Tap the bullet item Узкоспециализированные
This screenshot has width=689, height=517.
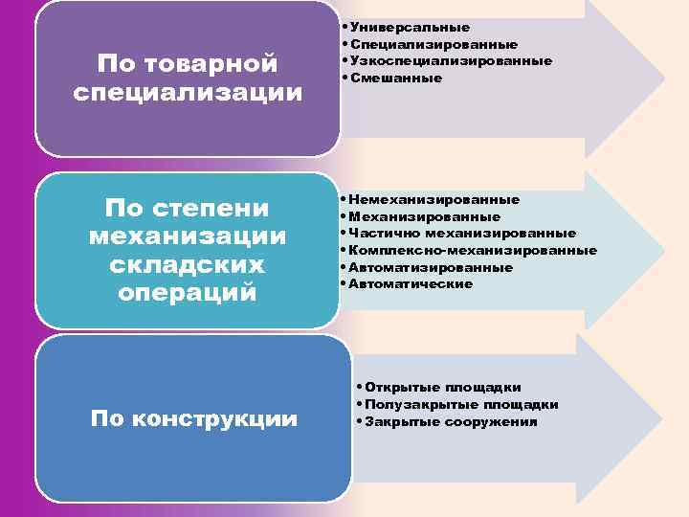[x=451, y=60]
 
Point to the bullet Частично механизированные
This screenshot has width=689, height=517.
[x=462, y=233]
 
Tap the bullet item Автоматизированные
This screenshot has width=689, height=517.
[x=431, y=267]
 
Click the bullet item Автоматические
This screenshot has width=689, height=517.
[x=411, y=283]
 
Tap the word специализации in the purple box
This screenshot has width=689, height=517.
[x=188, y=93]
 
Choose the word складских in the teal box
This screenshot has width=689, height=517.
[x=188, y=263]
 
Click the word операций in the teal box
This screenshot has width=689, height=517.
[x=188, y=291]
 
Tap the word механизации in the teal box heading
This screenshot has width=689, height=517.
[x=188, y=236]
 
